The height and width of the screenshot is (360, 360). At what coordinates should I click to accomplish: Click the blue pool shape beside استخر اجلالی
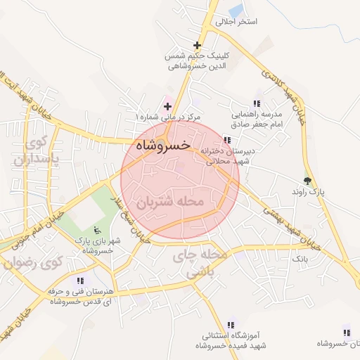click(236, 10)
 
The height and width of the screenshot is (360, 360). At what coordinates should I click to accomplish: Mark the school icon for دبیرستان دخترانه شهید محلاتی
click(226, 139)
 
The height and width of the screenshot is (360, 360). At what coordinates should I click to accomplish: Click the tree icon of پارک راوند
click(307, 180)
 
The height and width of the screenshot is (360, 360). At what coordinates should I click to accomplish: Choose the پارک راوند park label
click(307, 191)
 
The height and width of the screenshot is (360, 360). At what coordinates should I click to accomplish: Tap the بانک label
click(300, 259)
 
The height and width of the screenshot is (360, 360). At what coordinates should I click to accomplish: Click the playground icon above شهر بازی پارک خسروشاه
click(97, 230)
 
